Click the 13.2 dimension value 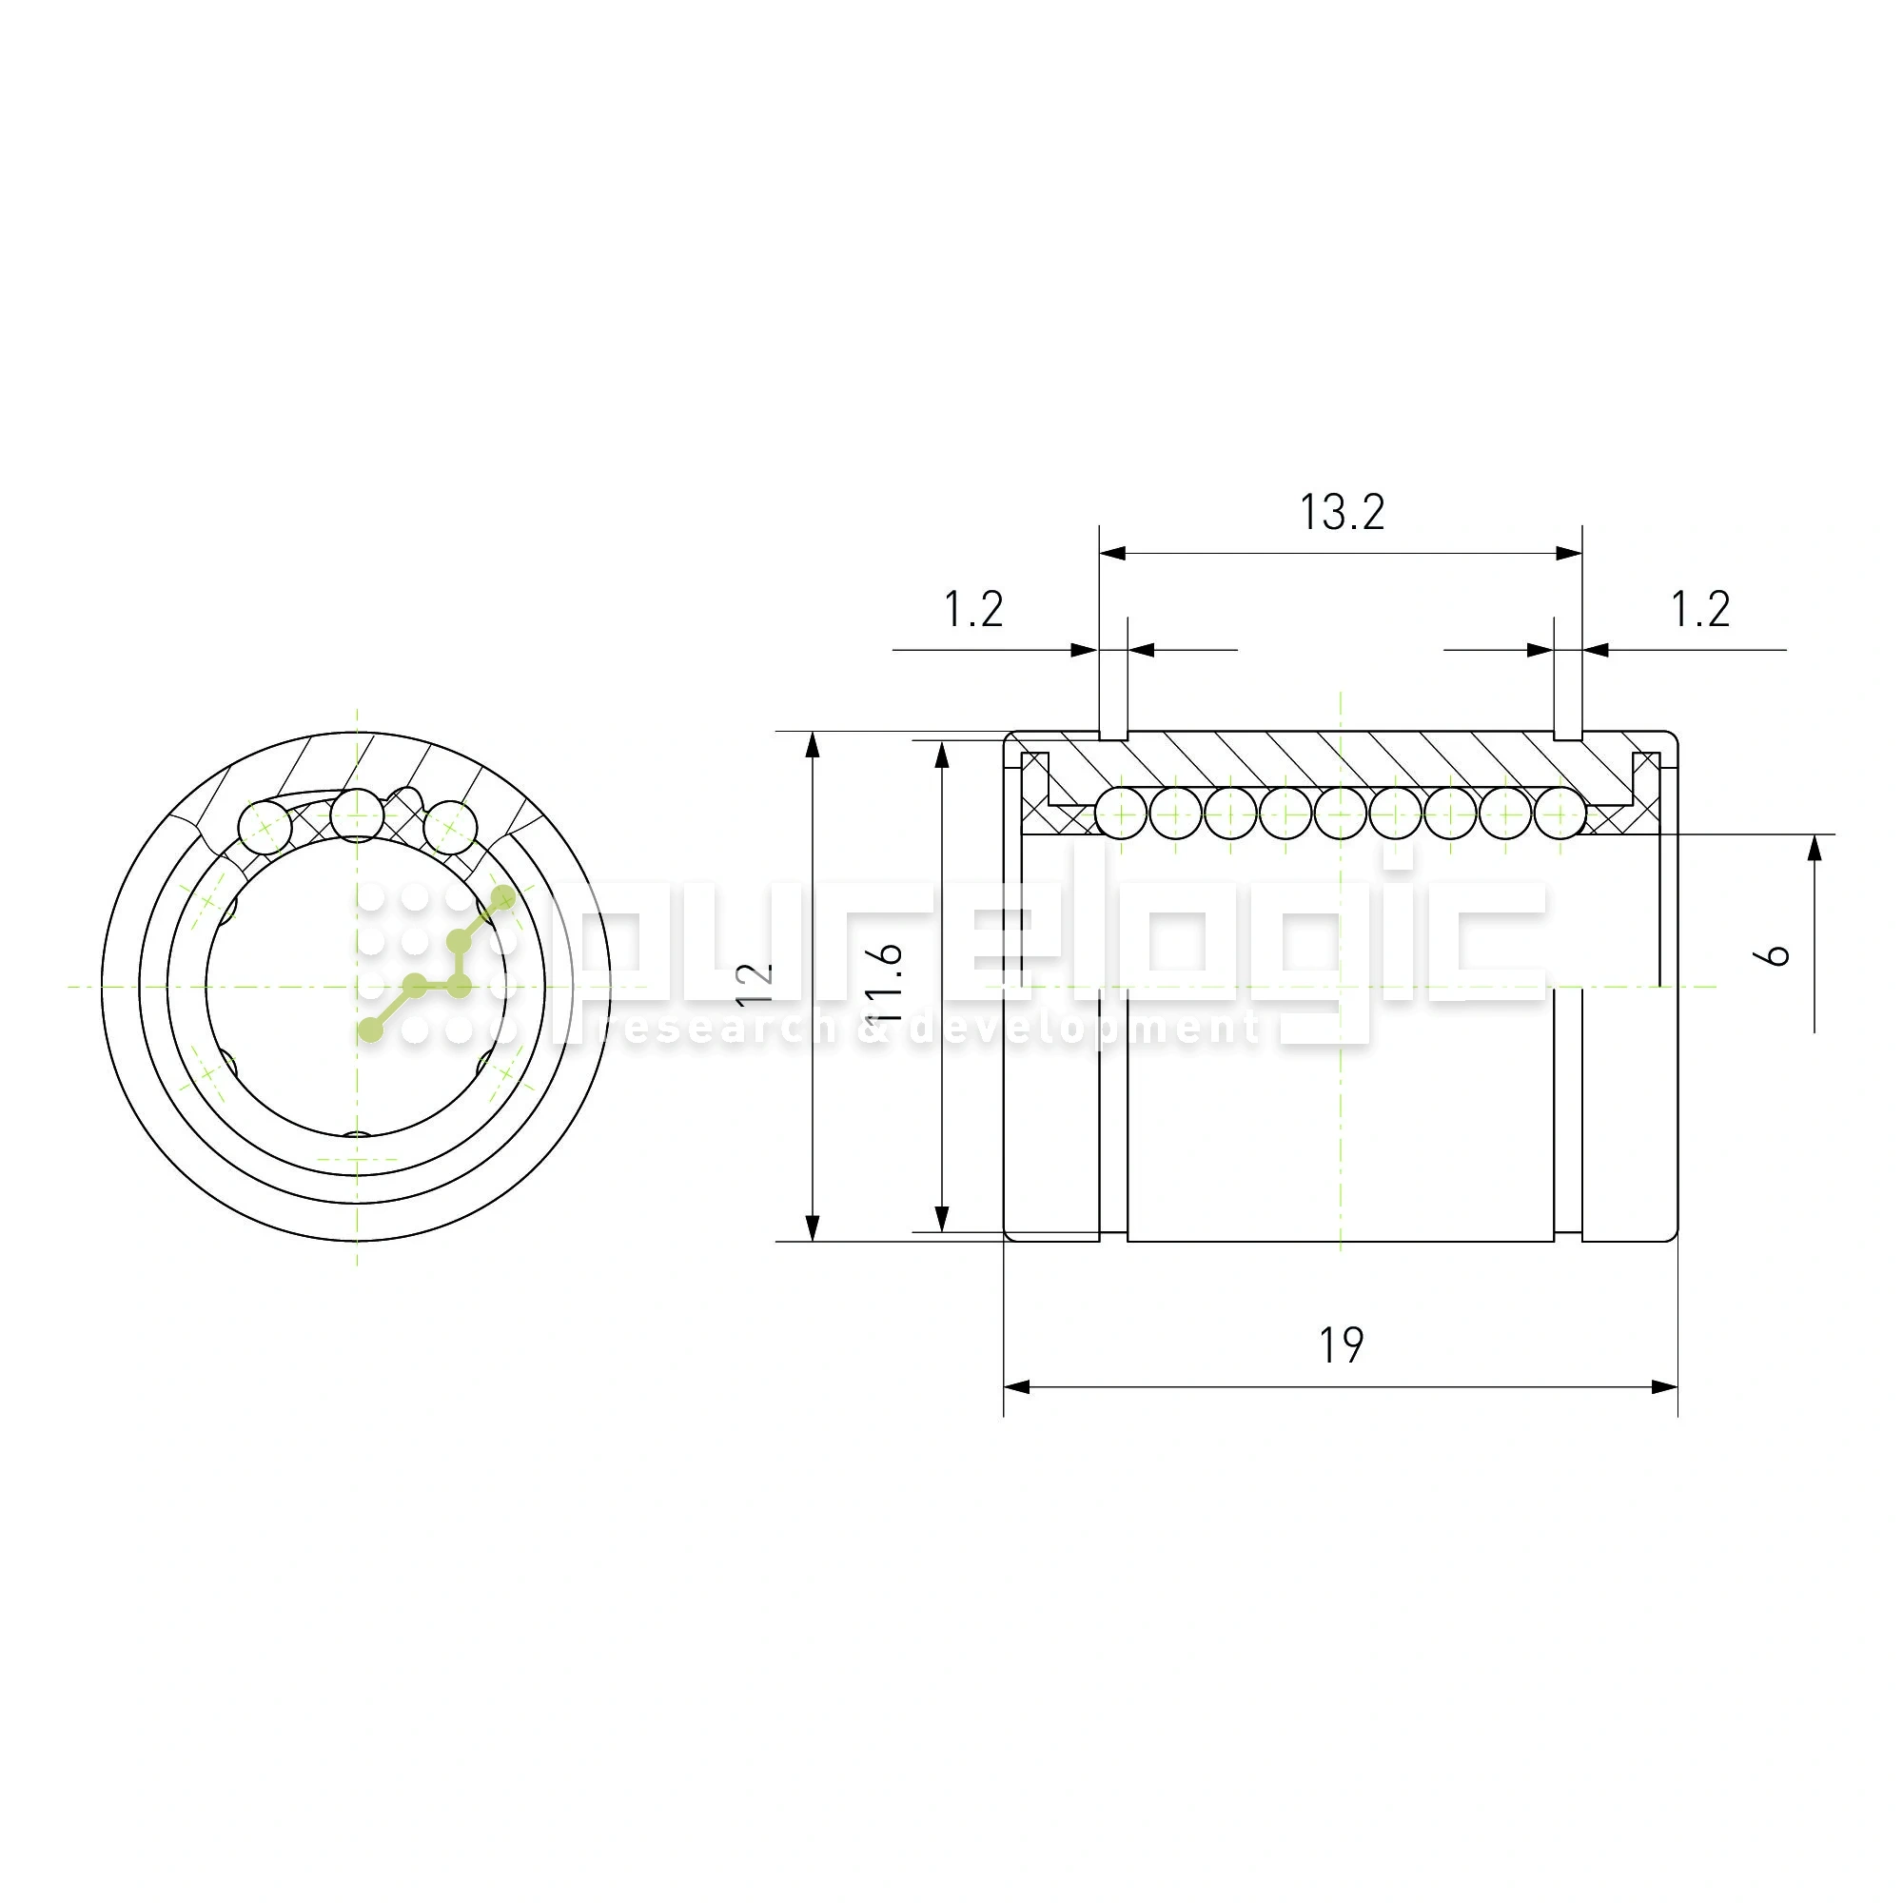tap(1342, 512)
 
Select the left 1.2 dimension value tap(973, 610)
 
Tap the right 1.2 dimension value tap(1700, 610)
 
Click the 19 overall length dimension tap(1341, 1346)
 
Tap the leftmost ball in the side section tap(1121, 814)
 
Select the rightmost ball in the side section tap(1560, 814)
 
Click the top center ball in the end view tap(357, 814)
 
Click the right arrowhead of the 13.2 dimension tap(1569, 554)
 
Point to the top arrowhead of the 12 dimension tap(813, 746)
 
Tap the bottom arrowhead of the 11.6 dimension tap(942, 1220)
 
